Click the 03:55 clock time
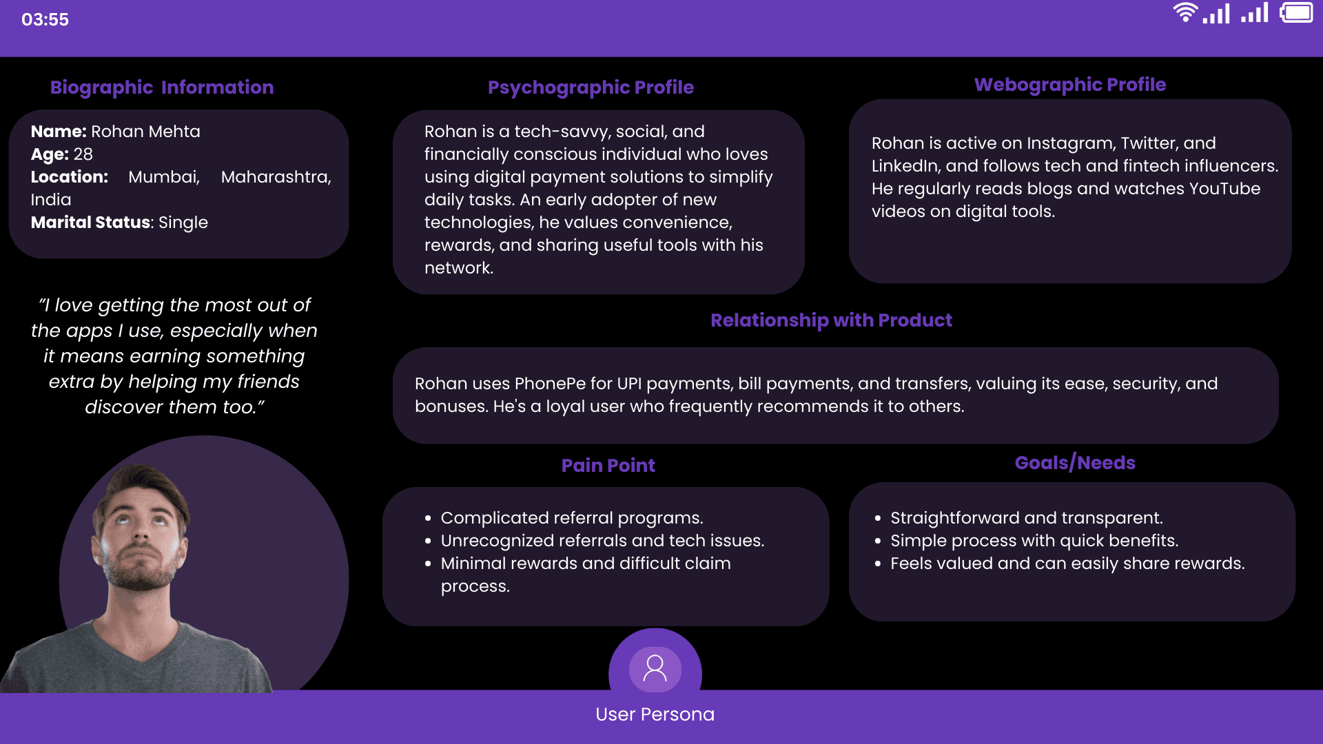[x=45, y=19]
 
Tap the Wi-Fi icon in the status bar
[x=1185, y=12]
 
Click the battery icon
[x=1297, y=12]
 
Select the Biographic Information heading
[x=162, y=87]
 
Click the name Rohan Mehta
[x=145, y=132]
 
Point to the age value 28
[x=83, y=154]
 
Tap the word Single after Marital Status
[x=183, y=223]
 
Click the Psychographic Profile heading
[x=591, y=87]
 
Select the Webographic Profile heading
[x=1069, y=85]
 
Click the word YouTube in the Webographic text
[x=1224, y=189]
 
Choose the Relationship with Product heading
[x=831, y=320]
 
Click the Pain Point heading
[x=608, y=466]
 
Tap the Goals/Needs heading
[x=1075, y=463]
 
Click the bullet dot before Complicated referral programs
[x=428, y=518]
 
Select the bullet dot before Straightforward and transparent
[x=878, y=518]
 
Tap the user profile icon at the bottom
[x=655, y=668]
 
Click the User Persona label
[x=655, y=714]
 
